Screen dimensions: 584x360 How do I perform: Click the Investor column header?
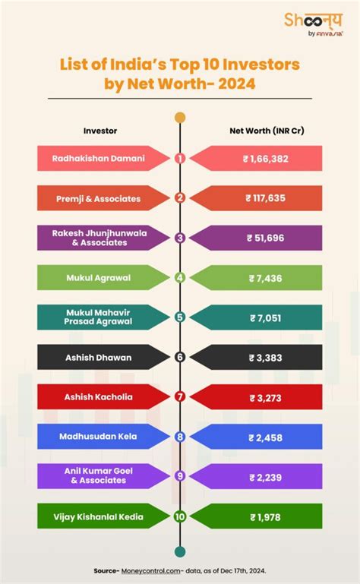pos(100,131)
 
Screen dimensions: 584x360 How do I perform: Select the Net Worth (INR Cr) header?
pos(267,131)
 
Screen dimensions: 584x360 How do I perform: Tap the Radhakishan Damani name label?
pos(98,159)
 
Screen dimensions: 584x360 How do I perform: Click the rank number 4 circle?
pos(180,277)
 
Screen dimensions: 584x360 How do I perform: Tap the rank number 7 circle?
pos(180,396)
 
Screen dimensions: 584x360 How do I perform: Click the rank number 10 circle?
pos(180,516)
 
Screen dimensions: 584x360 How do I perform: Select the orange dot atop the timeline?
pos(180,118)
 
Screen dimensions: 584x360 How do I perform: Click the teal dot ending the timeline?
pos(180,551)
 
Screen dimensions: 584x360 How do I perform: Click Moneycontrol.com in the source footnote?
pos(159,568)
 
